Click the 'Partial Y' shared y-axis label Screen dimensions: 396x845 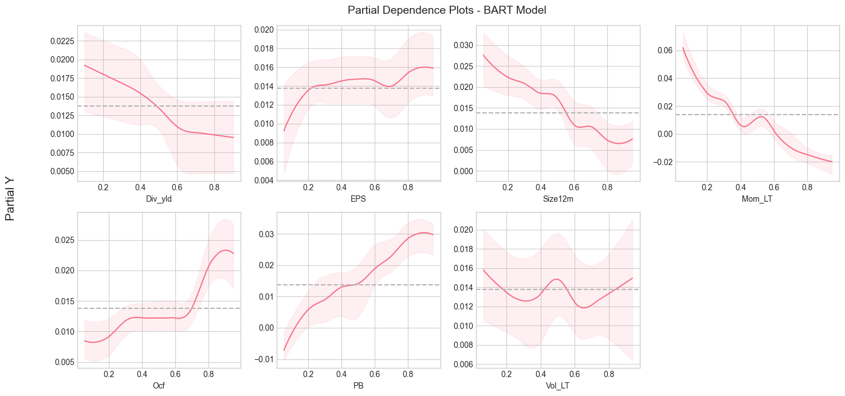(10, 199)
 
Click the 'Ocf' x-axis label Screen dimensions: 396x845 (159, 385)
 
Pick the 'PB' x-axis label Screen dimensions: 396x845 (358, 385)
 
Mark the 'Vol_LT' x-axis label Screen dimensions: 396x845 (557, 385)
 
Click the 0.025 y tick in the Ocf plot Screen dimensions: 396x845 (61, 240)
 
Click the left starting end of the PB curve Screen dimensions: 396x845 (284, 350)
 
